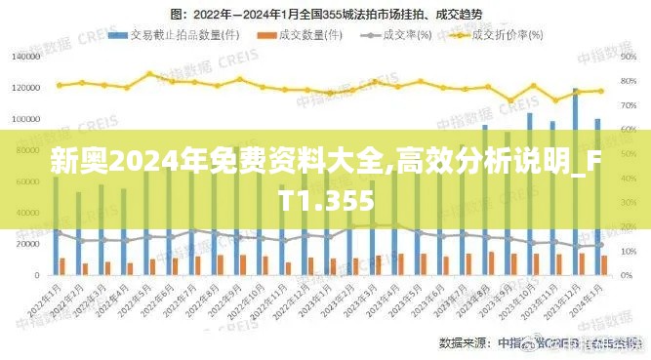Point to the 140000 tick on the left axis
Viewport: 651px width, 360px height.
point(25,57)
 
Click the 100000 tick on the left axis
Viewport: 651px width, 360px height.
point(25,119)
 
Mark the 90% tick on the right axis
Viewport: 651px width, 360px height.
point(629,57)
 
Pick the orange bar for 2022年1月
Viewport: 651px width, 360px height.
point(62,265)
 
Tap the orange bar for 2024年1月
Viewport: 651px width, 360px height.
point(604,264)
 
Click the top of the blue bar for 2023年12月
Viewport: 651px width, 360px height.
point(575,91)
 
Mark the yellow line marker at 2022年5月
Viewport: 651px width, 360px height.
point(149,74)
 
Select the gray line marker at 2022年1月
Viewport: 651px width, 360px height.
point(59,232)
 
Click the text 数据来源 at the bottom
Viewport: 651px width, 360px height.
point(465,342)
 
